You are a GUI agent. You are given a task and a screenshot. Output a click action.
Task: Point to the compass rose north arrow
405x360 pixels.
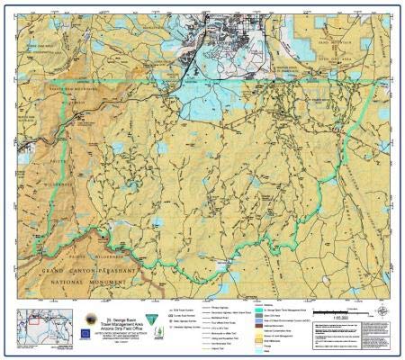384,311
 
